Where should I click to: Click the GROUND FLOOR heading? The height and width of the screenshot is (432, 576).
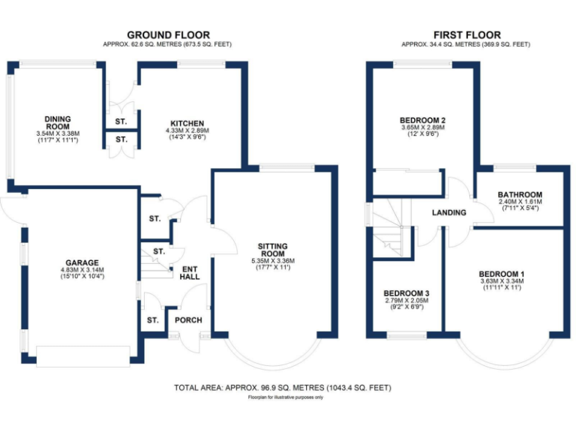click(x=168, y=34)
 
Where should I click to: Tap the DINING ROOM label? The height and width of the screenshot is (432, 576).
click(x=58, y=123)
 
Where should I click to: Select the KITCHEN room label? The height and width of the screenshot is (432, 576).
click(x=187, y=124)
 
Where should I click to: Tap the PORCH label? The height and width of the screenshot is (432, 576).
click(x=188, y=320)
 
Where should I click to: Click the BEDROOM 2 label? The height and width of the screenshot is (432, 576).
click(x=423, y=120)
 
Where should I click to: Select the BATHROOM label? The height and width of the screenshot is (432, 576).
click(x=520, y=195)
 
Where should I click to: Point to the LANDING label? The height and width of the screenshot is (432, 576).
click(x=448, y=213)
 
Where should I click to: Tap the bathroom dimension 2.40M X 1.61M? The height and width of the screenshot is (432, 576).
click(x=520, y=202)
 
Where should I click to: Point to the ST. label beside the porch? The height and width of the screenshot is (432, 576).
click(x=152, y=320)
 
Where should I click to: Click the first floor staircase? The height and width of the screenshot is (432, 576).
click(x=391, y=229)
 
